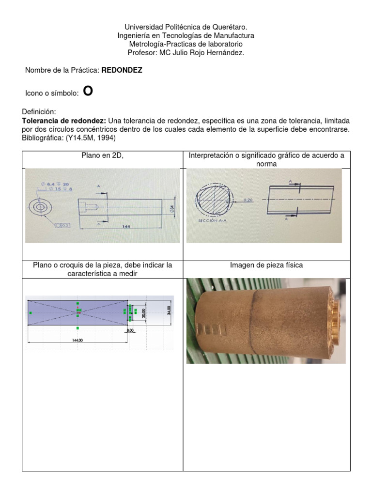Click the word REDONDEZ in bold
point(122,71)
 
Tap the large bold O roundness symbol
point(87,91)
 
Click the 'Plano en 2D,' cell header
point(102,155)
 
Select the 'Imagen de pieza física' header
point(266,265)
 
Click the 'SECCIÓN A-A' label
point(213,220)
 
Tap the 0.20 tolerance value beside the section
point(248,200)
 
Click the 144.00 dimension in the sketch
point(77,340)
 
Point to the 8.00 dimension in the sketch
point(130,330)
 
